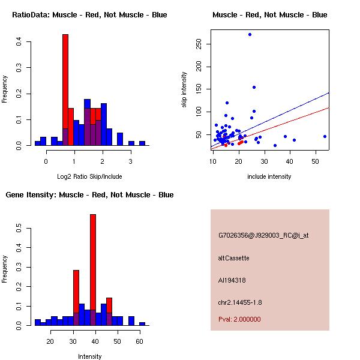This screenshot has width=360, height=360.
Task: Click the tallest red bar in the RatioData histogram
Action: [x=65, y=90]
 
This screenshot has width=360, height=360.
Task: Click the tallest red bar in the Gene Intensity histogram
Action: [x=93, y=270]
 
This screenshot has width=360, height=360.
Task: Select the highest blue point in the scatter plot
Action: [x=250, y=34]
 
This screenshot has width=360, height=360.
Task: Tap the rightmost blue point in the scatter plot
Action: [x=325, y=136]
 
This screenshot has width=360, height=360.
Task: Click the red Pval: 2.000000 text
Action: [x=239, y=319]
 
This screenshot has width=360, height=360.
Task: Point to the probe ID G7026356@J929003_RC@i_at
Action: [x=263, y=236]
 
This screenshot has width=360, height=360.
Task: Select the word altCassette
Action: [x=233, y=258]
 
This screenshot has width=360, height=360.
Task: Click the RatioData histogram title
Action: [x=89, y=15]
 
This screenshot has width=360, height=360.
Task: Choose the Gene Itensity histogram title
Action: [x=89, y=195]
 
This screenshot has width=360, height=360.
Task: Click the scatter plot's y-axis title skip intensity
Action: [x=184, y=90]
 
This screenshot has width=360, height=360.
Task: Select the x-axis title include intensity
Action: [x=269, y=176]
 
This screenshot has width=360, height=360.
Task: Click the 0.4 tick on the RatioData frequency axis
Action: [x=19, y=41]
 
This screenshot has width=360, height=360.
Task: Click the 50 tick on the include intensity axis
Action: [x=316, y=161]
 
